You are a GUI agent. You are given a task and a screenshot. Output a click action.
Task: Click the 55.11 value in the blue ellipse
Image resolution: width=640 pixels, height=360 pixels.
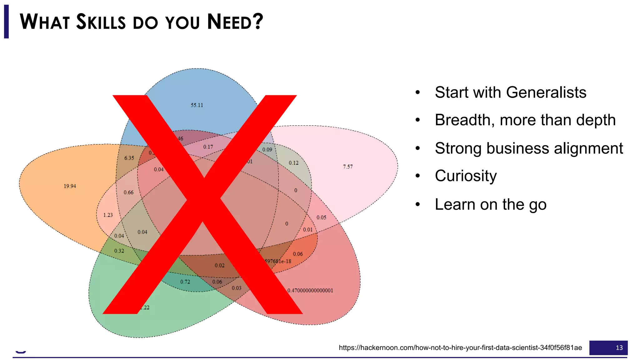(197, 105)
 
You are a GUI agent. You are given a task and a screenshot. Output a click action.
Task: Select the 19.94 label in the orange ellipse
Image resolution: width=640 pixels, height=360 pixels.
(70, 186)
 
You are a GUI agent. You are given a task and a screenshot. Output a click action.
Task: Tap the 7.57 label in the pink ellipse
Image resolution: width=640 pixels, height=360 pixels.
(347, 167)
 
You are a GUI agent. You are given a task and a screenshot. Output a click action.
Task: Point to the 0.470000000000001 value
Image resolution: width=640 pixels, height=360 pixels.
(310, 291)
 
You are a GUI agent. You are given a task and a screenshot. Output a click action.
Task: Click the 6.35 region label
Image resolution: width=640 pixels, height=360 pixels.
(129, 158)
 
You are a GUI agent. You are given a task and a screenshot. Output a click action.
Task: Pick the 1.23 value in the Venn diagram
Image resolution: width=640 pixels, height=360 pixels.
(108, 215)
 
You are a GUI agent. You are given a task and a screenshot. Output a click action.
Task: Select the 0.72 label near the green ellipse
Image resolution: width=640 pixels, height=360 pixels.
(185, 282)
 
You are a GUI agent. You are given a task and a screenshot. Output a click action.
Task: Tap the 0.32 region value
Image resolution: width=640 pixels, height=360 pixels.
(119, 251)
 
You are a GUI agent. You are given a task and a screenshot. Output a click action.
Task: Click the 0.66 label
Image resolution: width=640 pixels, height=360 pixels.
(128, 192)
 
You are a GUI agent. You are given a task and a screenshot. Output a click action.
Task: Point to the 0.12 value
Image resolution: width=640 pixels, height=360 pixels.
(293, 163)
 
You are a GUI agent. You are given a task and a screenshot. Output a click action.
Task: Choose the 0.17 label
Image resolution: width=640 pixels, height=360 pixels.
(208, 147)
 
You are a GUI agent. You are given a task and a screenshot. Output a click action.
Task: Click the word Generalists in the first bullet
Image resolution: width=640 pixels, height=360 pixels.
(546, 92)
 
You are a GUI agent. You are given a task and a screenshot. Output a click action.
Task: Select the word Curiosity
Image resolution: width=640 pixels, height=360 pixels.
(465, 176)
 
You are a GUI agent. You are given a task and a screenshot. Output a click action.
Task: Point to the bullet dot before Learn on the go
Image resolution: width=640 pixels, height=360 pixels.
(418, 205)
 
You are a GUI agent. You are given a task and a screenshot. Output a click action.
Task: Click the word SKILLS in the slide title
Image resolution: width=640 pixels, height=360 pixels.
(101, 22)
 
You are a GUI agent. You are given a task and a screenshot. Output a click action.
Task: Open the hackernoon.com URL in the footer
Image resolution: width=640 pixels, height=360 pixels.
(460, 348)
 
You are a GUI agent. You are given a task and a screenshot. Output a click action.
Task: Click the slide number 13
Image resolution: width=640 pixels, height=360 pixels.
(619, 348)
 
